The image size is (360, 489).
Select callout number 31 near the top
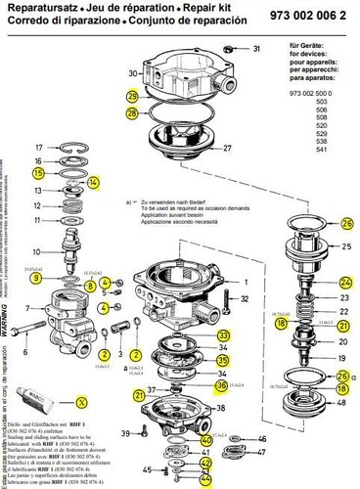coord(257,48)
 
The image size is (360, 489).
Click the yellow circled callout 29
coord(133,96)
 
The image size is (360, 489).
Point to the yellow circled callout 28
coord(133,114)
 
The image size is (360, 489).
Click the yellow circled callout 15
coord(39,172)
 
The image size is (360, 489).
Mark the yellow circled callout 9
coord(35,280)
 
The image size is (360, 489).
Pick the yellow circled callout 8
coord(90,286)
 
